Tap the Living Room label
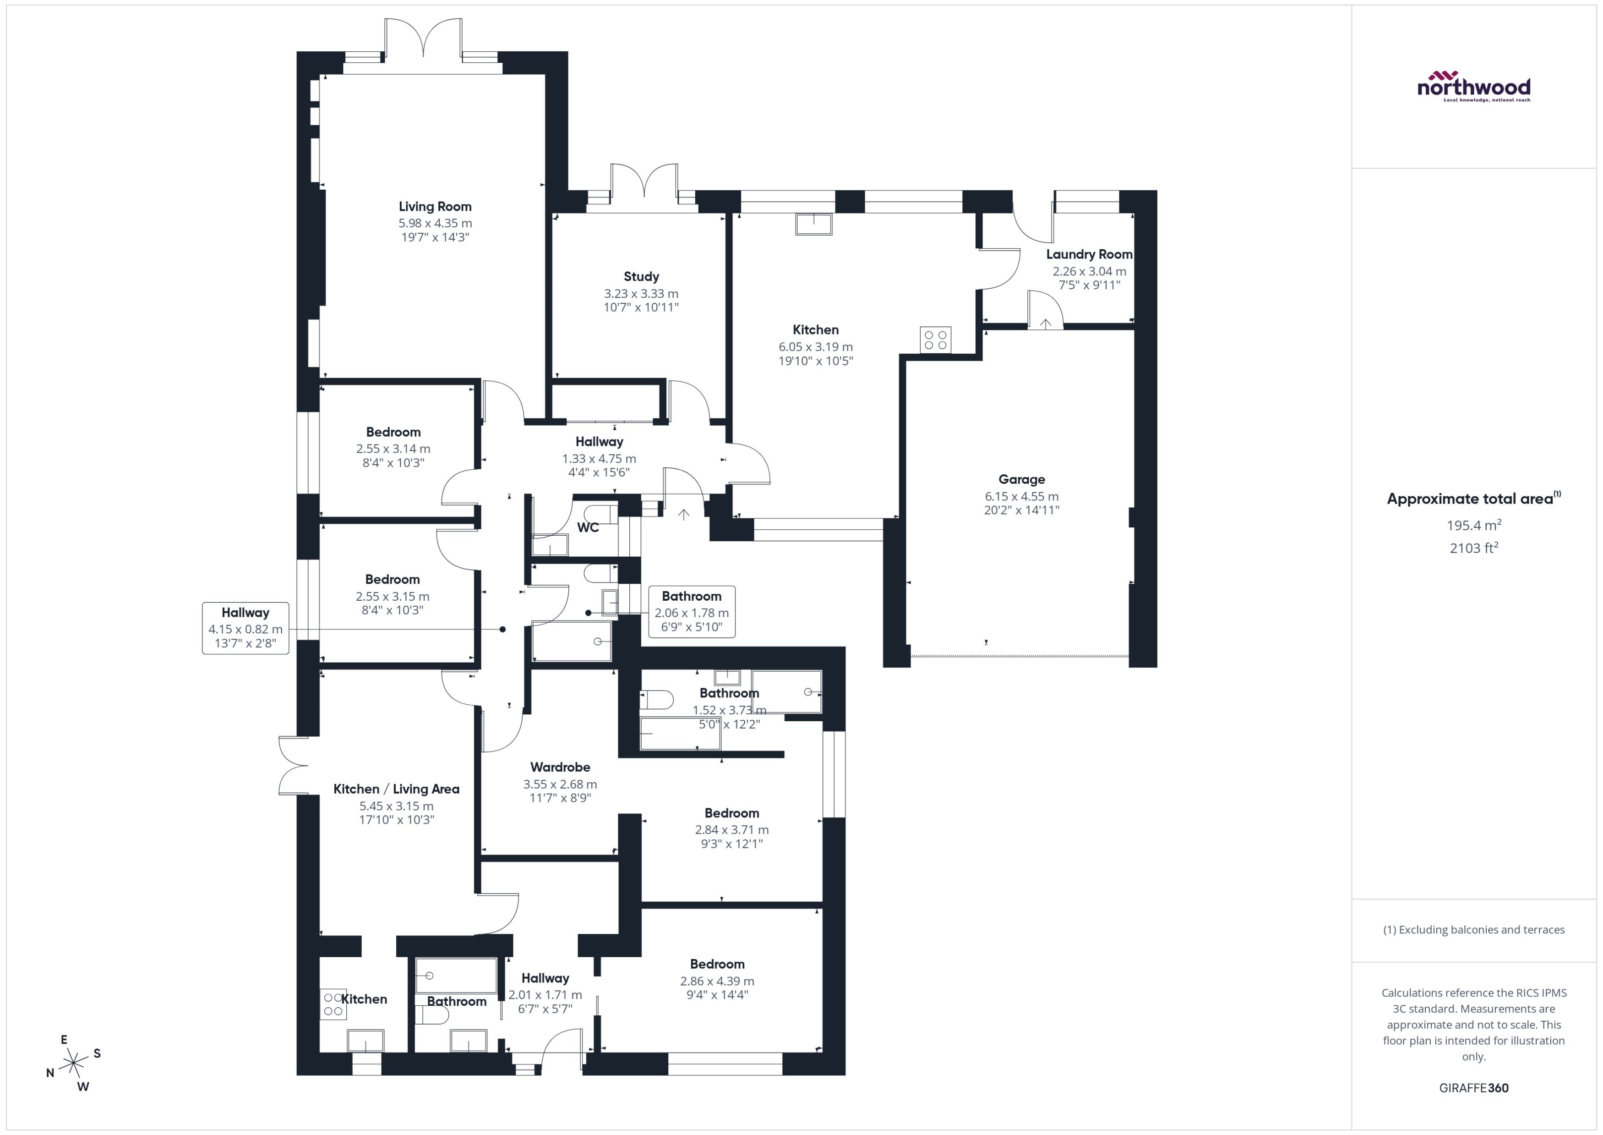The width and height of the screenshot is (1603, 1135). click(x=435, y=206)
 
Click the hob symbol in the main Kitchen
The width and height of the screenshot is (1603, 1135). click(x=935, y=340)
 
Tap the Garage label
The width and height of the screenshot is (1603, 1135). click(x=1021, y=479)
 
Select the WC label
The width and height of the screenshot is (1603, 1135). click(x=588, y=528)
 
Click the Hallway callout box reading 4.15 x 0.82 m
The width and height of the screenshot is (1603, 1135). click(x=245, y=628)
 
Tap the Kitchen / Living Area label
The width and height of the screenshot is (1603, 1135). click(x=396, y=789)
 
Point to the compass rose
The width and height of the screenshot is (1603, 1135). click(x=73, y=1064)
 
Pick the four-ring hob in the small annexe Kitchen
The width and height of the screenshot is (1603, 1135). click(x=333, y=1004)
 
